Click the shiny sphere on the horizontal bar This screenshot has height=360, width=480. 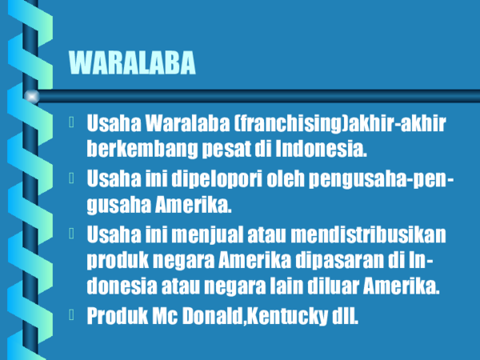[33, 97]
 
